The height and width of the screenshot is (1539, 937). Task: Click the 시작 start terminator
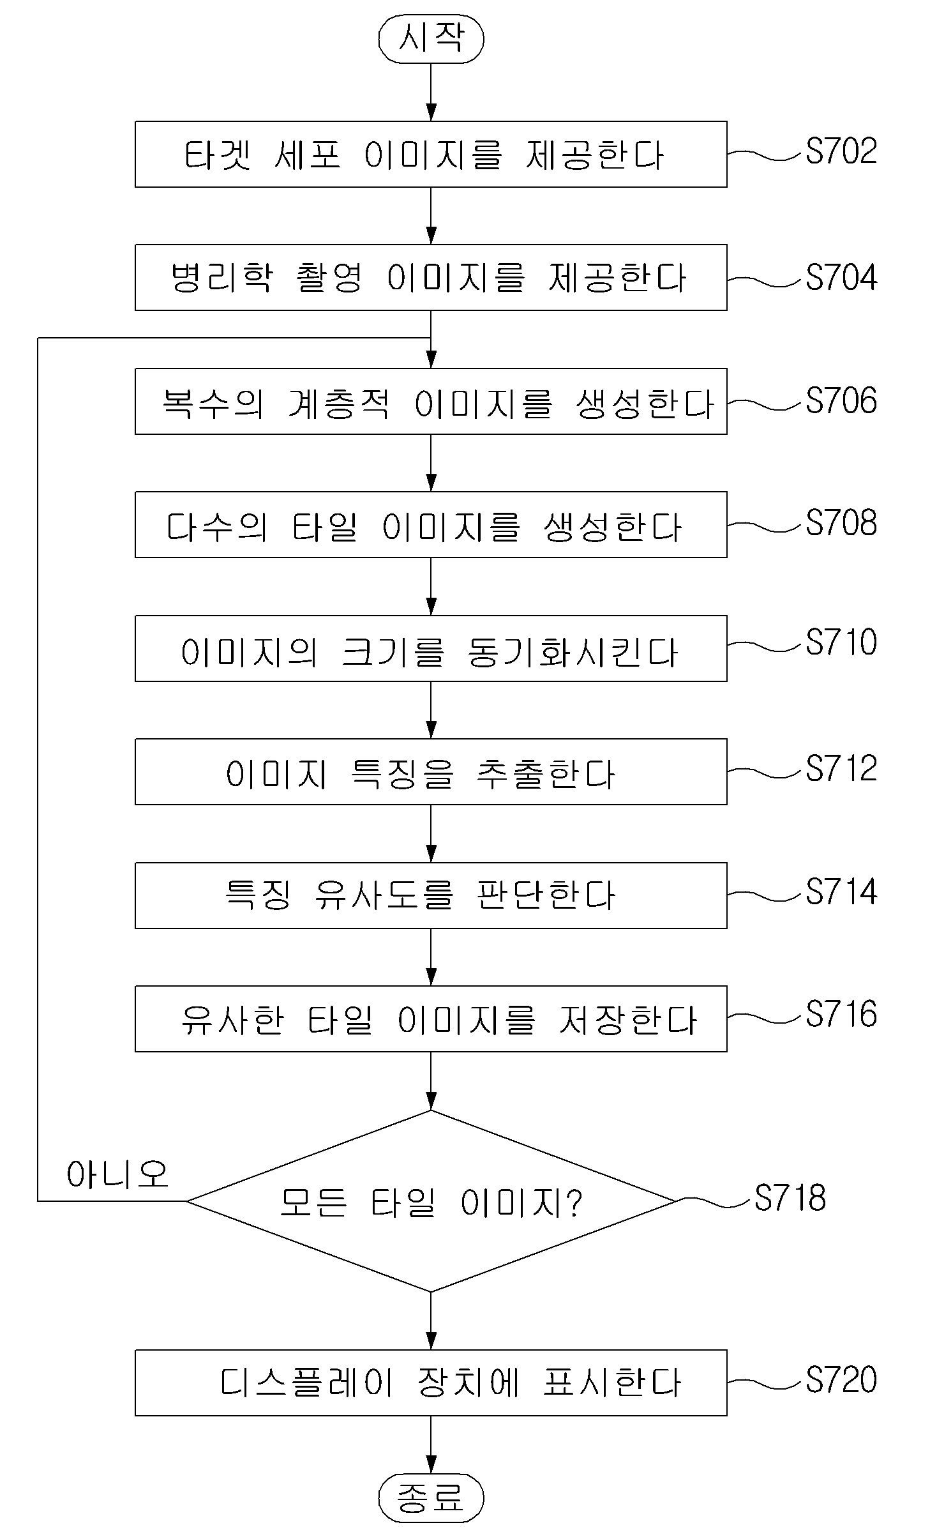(431, 39)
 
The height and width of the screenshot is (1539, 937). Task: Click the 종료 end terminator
(431, 1498)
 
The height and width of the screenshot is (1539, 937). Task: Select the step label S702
(841, 151)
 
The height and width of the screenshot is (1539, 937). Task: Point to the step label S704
(841, 277)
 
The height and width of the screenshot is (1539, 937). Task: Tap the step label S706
(841, 400)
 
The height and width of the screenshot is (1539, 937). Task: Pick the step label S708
(841, 523)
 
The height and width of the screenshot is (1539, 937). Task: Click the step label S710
(841, 642)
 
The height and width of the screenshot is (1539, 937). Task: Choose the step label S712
(841, 768)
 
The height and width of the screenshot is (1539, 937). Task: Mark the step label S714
(841, 891)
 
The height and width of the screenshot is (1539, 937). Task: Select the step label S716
(841, 1014)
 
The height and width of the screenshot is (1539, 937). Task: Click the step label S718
(790, 1198)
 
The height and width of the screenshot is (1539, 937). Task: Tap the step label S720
(841, 1379)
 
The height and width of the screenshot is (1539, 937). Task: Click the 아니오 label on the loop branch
(117, 1174)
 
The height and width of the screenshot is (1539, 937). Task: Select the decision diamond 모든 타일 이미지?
(431, 1201)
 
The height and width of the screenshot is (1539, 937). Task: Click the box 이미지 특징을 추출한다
(431, 771)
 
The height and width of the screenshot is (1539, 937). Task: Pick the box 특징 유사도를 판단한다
(431, 895)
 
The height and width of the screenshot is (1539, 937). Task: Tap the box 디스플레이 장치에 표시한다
(431, 1383)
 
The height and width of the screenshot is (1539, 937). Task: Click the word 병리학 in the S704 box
(222, 278)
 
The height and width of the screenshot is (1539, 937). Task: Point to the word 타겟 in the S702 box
(218, 155)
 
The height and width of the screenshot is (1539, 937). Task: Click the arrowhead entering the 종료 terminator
(431, 1466)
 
